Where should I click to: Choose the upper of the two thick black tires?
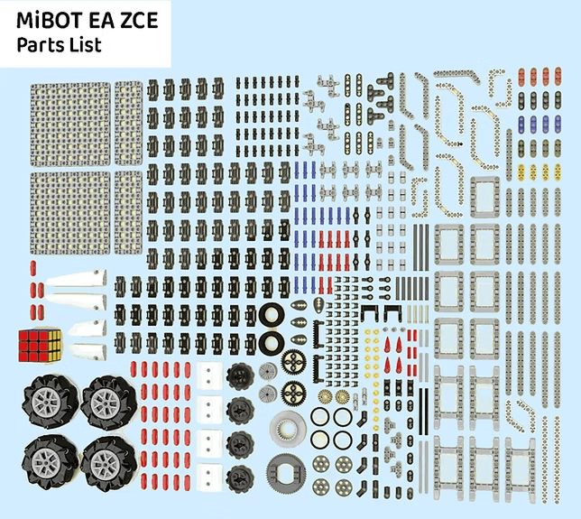click(x=271, y=316)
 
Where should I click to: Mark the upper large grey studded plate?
click(x=71, y=124)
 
